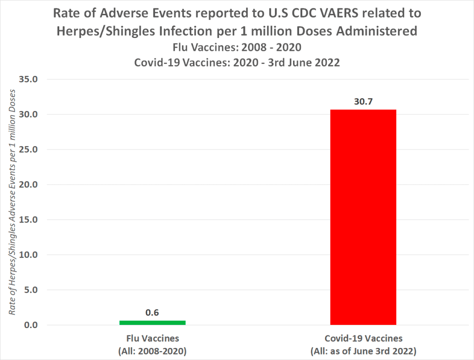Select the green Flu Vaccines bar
(x=152, y=323)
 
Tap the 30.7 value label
(x=363, y=101)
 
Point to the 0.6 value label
(x=152, y=312)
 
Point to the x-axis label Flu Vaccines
(x=152, y=338)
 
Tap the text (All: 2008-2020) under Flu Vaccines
(x=152, y=351)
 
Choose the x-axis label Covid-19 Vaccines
(x=363, y=338)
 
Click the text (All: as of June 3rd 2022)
(x=363, y=351)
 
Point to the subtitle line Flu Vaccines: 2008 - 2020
(x=237, y=47)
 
